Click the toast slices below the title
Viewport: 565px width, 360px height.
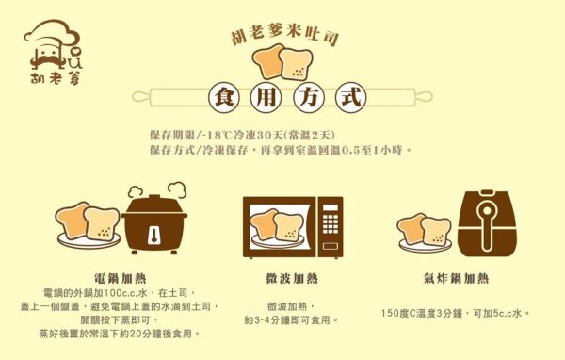click(x=282, y=62)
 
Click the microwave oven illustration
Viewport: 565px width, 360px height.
click(x=293, y=227)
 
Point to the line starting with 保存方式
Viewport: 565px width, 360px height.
click(x=280, y=150)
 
